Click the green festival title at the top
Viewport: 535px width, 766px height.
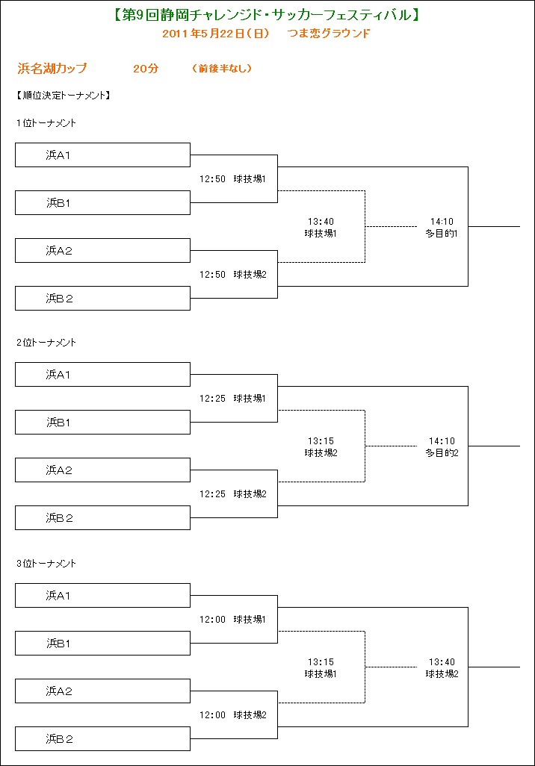pos(267,15)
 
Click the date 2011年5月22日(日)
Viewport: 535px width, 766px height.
pos(216,33)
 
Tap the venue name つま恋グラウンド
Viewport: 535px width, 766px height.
pos(329,33)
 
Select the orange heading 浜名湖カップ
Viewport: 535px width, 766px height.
pos(52,69)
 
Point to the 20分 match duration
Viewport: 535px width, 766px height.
pos(146,69)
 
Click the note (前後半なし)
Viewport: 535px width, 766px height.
pos(222,69)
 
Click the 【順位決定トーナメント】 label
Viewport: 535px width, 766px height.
pos(64,96)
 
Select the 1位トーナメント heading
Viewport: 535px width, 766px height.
pos(46,123)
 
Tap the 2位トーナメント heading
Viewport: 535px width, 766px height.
pos(46,343)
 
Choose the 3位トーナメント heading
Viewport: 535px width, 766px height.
pos(46,563)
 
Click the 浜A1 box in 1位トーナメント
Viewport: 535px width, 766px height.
pos(102,155)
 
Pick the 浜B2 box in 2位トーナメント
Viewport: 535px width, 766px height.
pos(102,518)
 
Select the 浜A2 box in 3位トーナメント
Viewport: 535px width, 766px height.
pos(102,691)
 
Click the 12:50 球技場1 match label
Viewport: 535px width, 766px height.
pos(233,179)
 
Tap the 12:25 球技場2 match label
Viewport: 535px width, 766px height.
pos(233,494)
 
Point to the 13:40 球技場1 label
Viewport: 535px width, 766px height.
pos(321,228)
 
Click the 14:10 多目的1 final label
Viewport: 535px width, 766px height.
pos(442,228)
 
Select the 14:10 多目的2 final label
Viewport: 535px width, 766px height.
pos(442,447)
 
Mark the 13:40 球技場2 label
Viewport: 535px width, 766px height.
pos(442,667)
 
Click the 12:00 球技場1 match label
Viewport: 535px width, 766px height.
pos(233,620)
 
